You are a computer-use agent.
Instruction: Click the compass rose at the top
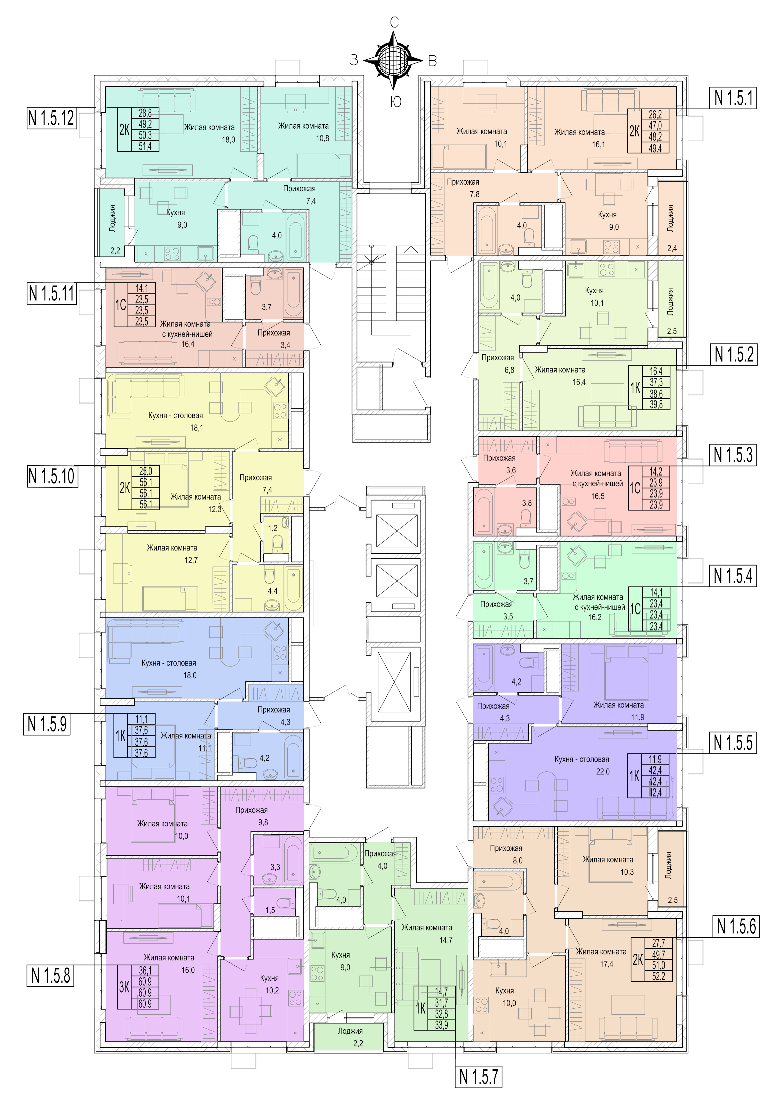pyautogui.click(x=394, y=61)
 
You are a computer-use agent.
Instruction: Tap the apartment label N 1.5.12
pyautogui.click(x=51, y=118)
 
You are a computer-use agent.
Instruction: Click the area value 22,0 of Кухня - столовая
pyautogui.click(x=603, y=771)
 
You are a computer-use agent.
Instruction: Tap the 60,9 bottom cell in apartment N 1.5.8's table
pyautogui.click(x=145, y=1004)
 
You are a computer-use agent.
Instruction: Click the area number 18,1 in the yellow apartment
pyautogui.click(x=197, y=428)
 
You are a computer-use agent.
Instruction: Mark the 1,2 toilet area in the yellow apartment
pyautogui.click(x=272, y=528)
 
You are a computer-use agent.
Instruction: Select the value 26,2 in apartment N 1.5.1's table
pyautogui.click(x=655, y=114)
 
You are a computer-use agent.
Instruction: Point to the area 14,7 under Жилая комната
pyautogui.click(x=446, y=940)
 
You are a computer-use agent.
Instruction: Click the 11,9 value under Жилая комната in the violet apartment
pyautogui.click(x=637, y=717)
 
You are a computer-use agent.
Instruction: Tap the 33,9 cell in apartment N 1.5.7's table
pyautogui.click(x=441, y=1025)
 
